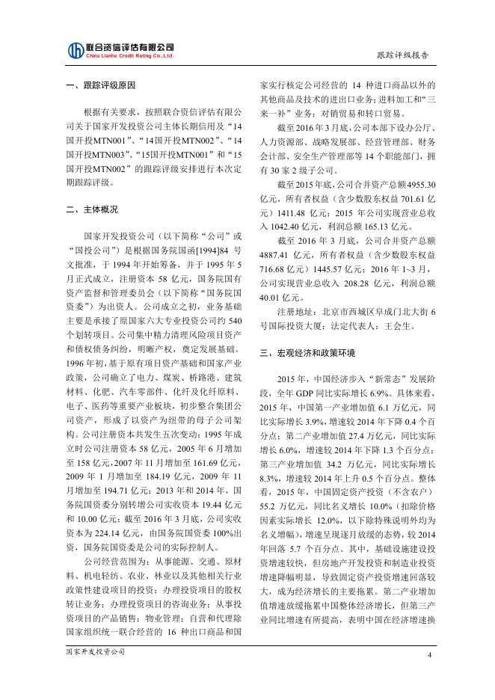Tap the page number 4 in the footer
point(430,655)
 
